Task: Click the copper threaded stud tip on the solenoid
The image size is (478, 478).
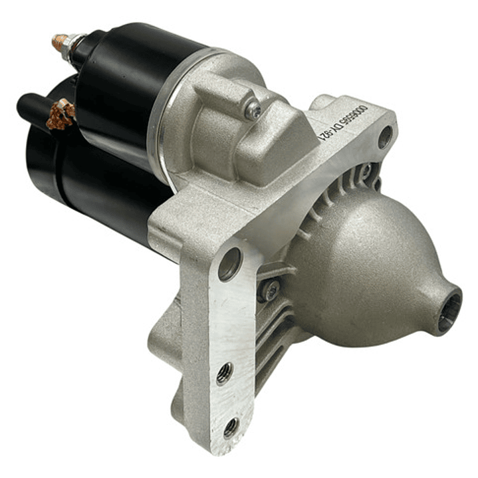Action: [58, 43]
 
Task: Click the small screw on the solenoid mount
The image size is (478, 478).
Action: [253, 111]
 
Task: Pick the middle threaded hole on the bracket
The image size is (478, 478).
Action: [225, 372]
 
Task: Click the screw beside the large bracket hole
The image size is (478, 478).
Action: [270, 289]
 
